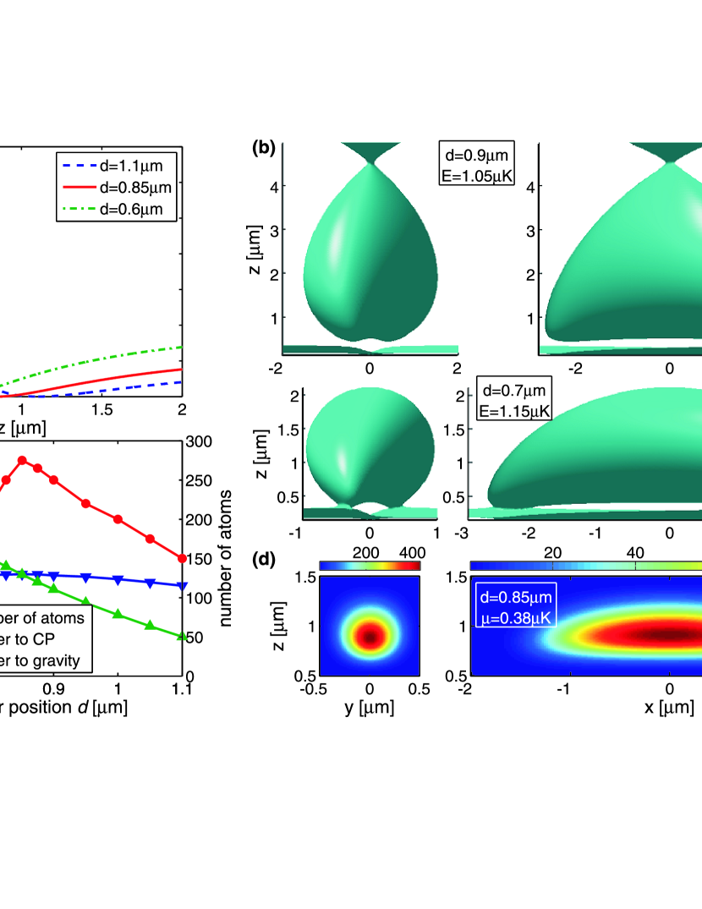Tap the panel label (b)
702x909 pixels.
pos(264,149)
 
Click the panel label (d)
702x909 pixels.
pos(264,559)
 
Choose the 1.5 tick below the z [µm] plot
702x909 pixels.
pos(102,410)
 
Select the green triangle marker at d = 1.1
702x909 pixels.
pos(182,636)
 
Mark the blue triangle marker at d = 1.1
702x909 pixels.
pos(182,585)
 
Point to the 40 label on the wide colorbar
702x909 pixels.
pos(635,552)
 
